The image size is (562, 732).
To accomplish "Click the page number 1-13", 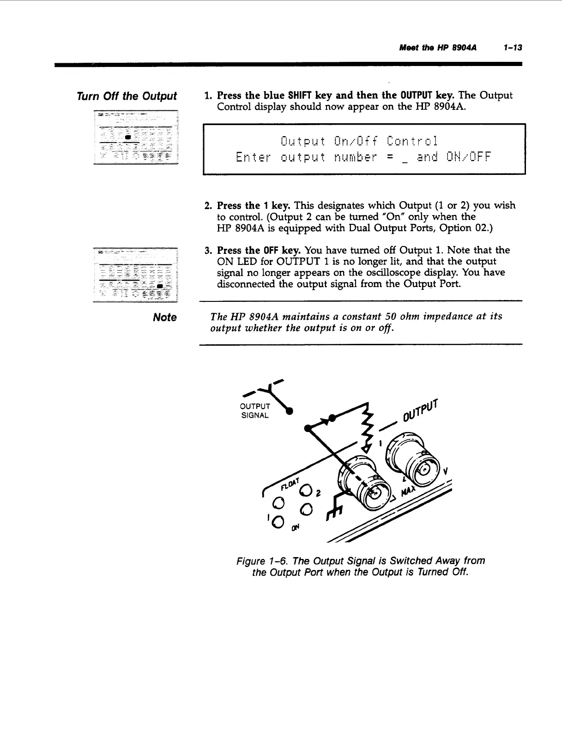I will coord(513,48).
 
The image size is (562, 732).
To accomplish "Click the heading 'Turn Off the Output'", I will coord(127,96).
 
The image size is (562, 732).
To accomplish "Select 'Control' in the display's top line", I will coord(412,140).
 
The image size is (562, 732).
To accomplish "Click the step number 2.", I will coord(208,205).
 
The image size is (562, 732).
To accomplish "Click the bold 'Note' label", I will coord(165,318).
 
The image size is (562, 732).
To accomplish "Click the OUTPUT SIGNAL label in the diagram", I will coord(255,410).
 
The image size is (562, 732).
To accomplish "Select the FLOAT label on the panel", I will coord(290,483).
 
